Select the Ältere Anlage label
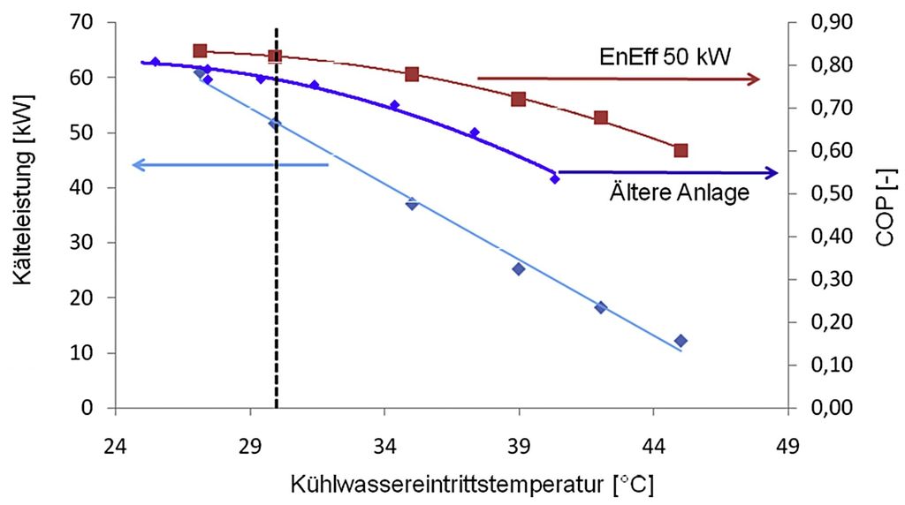tap(680, 192)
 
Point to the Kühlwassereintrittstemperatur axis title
tap(472, 484)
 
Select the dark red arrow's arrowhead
tap(753, 79)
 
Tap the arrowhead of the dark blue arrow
tap(771, 173)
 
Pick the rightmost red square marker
tap(681, 151)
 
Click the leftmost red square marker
tap(200, 51)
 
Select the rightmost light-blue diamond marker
tap(681, 341)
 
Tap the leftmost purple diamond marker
tap(155, 62)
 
